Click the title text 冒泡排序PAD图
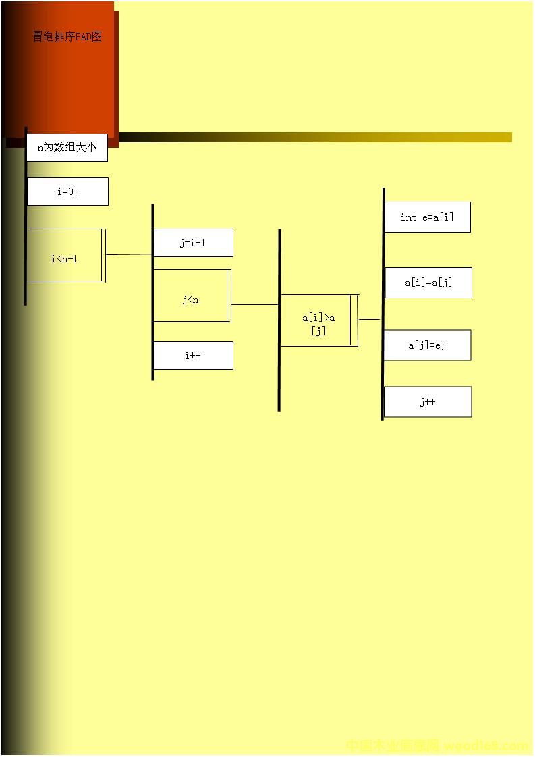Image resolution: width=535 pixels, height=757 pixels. pyautogui.click(x=67, y=36)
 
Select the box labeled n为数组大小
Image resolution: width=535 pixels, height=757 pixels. pyautogui.click(x=67, y=148)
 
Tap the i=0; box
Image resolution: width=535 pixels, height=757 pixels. pyautogui.click(x=67, y=192)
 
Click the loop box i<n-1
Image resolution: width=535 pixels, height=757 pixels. pyautogui.click(x=65, y=255)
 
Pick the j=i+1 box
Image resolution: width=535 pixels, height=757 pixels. pyautogui.click(x=193, y=243)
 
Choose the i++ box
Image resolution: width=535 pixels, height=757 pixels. pyautogui.click(x=193, y=356)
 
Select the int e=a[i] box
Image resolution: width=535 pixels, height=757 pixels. pyautogui.click(x=427, y=217)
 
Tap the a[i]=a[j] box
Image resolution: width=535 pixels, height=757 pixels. pyautogui.click(x=428, y=283)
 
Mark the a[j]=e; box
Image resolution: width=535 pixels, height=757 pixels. pyautogui.click(x=427, y=345)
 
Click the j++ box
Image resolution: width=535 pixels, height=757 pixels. pyautogui.click(x=428, y=402)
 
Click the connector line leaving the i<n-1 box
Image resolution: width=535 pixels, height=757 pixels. pyautogui.click(x=129, y=254)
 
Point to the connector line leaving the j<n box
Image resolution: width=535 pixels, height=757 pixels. pyautogui.click(x=254, y=304)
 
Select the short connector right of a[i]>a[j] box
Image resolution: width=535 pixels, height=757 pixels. pyautogui.click(x=369, y=319)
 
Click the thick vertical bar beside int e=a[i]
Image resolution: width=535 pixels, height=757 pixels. pyautogui.click(x=383, y=310)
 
